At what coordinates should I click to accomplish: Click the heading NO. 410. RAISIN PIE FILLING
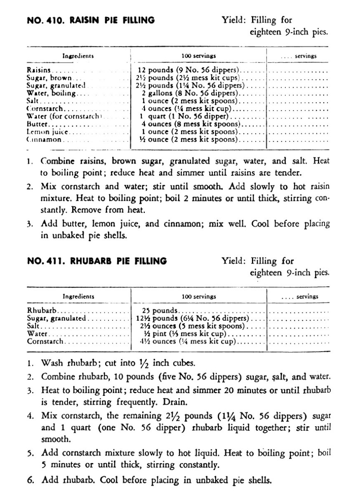click(x=91, y=20)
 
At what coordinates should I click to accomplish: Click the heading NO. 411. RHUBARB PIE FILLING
click(x=96, y=261)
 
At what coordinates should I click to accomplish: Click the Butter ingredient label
click(x=38, y=124)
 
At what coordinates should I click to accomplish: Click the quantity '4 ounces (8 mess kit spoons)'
click(x=190, y=124)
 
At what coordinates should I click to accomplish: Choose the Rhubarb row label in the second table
click(x=42, y=311)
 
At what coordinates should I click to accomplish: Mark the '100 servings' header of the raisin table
click(x=198, y=56)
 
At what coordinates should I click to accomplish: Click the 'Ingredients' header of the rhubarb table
click(x=78, y=296)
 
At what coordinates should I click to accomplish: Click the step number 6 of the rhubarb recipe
click(x=30, y=480)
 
